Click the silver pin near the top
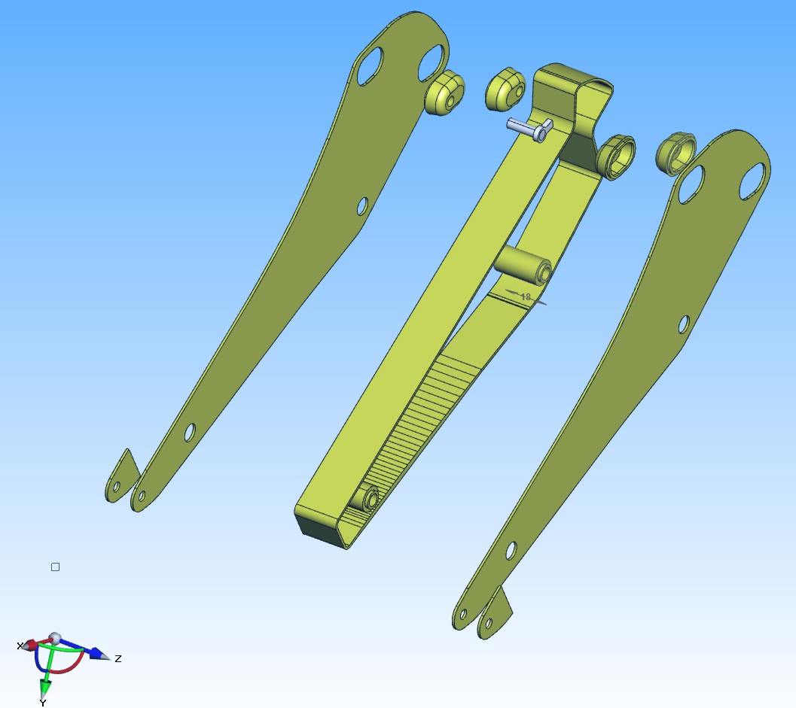pos(529,129)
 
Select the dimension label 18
pos(526,296)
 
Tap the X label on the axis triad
pos(20,646)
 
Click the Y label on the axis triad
pos(43,703)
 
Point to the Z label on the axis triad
pos(118,659)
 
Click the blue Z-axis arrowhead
pos(100,654)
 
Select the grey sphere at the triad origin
pos(54,638)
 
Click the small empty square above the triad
pos(55,567)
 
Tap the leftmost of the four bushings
pos(445,93)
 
